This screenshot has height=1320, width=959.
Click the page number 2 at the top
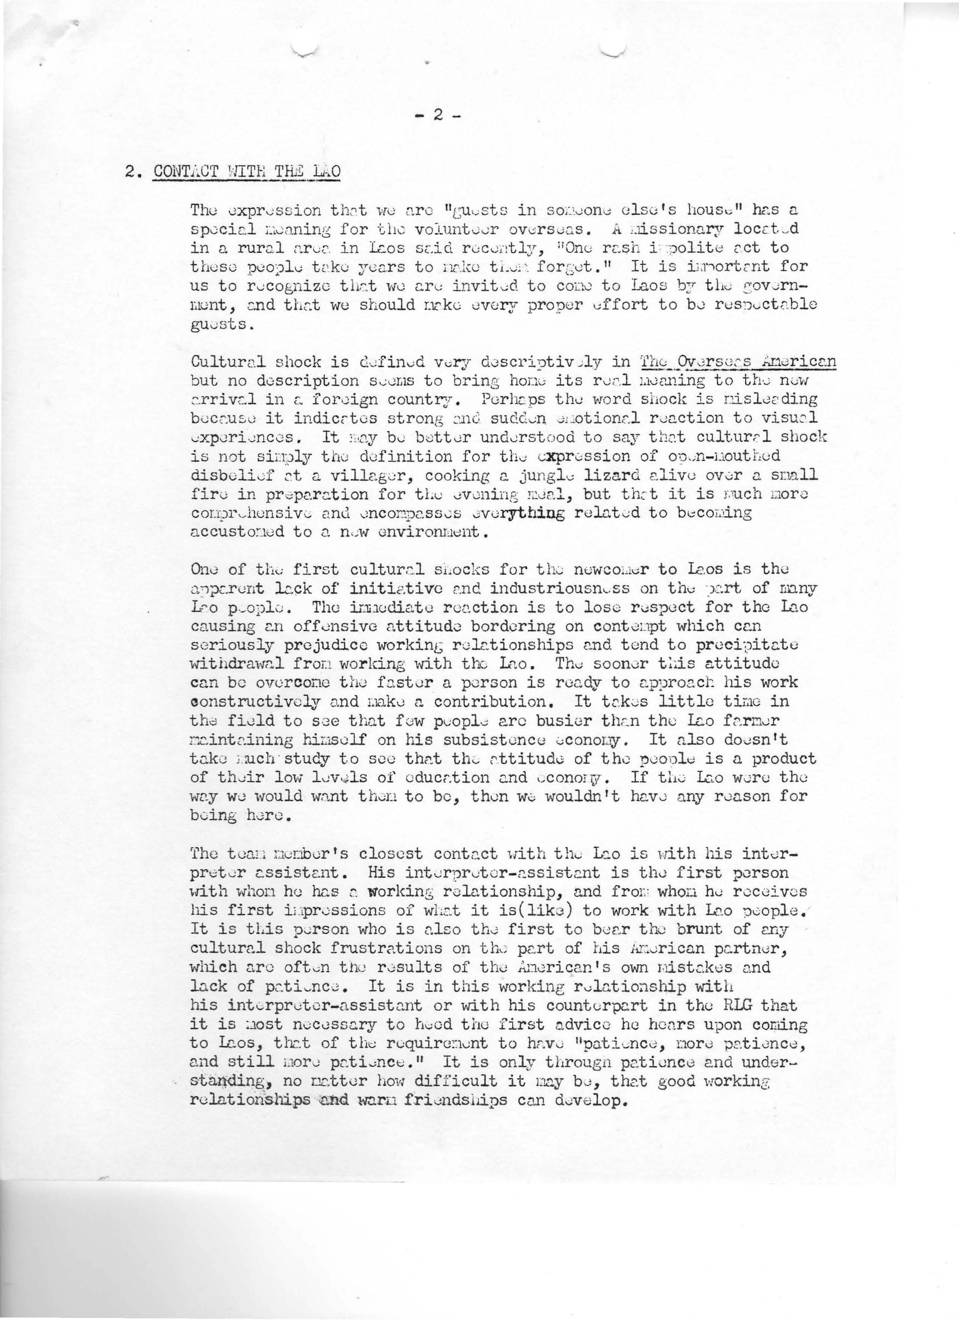438,116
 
